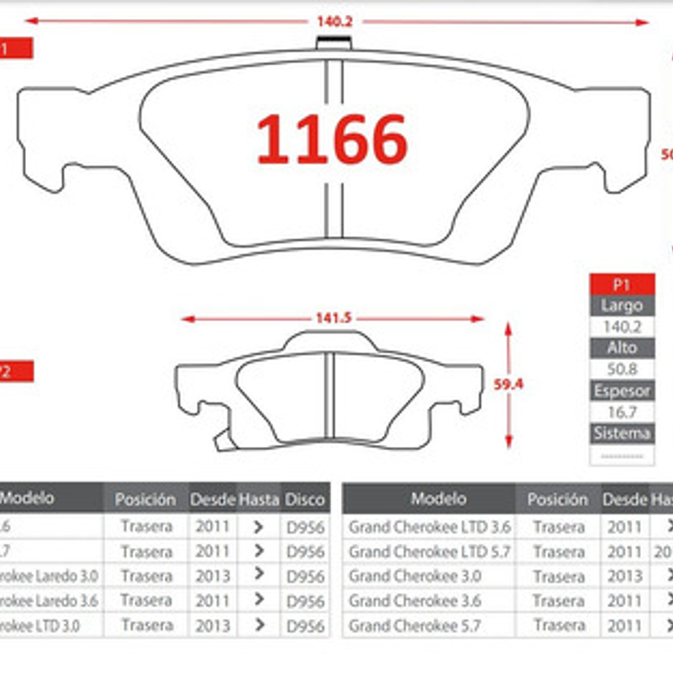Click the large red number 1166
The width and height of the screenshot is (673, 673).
[x=332, y=139]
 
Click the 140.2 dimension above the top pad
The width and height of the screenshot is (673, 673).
[x=334, y=22]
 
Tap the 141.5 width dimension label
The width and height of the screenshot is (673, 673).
[x=333, y=318]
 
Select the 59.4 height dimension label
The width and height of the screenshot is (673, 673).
[x=508, y=384]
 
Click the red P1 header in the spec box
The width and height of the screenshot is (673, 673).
[x=622, y=285]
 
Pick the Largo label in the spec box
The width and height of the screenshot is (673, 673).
[x=622, y=306]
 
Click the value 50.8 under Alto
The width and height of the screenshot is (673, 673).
[x=622, y=370]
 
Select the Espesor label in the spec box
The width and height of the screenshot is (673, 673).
[x=622, y=391]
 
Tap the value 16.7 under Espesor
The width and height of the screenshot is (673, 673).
[x=622, y=412]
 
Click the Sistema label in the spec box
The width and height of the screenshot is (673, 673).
[x=622, y=433]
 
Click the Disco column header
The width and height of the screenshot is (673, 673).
[x=305, y=500]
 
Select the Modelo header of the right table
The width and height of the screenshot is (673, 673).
[x=439, y=499]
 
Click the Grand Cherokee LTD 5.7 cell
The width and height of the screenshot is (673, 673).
[x=429, y=551]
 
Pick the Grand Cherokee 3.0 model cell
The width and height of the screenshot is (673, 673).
[x=414, y=576]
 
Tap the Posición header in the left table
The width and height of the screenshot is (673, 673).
[x=145, y=500]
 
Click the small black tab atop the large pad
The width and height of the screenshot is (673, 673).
[x=334, y=43]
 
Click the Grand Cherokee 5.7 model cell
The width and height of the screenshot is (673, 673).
[x=414, y=625]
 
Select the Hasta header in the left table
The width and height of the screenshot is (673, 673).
[x=259, y=500]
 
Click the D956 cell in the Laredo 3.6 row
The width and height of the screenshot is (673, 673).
[x=305, y=601]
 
